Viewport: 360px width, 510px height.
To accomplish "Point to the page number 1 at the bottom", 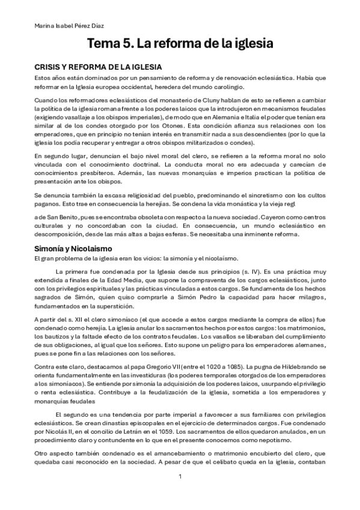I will pos(180,476).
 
